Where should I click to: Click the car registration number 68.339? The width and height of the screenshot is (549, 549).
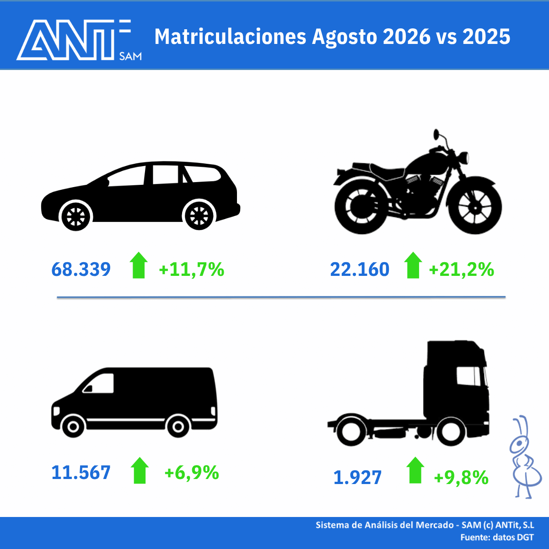coord(81,269)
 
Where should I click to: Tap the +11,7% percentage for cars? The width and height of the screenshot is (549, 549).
coord(191,269)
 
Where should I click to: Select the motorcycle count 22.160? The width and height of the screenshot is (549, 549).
coord(360,269)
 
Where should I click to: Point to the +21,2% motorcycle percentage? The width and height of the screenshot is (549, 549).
coord(461,269)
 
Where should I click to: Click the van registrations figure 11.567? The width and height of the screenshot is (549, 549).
coord(81,472)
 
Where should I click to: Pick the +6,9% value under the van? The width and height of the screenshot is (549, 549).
coord(192,473)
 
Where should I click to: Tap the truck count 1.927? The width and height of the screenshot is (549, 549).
coord(357,477)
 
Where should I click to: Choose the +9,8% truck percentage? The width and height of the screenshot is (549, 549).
coord(461,478)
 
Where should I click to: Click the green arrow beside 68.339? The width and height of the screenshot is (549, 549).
coord(139,265)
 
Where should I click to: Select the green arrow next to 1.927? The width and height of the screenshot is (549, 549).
coord(415,470)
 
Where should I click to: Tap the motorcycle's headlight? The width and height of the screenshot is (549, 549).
coord(464,157)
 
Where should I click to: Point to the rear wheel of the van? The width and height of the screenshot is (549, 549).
coord(178,426)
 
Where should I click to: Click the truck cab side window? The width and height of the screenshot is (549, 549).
coord(468,376)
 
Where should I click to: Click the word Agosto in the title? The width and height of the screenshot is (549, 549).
coord(344,37)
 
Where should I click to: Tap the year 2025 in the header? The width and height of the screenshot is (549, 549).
coord(486,37)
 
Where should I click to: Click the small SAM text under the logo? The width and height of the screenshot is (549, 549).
coord(130,56)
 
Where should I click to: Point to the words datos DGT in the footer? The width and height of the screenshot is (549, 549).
coord(513,537)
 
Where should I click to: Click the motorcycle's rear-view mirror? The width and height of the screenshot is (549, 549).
coord(436,134)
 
